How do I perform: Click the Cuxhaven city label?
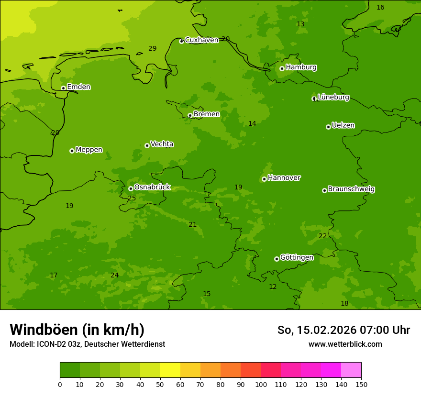(x=201, y=40)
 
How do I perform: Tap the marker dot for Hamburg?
(x=282, y=68)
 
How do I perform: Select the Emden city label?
(x=78, y=87)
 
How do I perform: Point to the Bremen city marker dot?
(x=190, y=115)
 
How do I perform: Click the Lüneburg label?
(x=333, y=97)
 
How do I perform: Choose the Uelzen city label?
(x=343, y=125)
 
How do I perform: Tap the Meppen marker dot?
(x=72, y=151)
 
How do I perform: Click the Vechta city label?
(x=162, y=144)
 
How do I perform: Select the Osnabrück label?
(x=152, y=187)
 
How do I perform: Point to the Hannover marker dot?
(x=264, y=179)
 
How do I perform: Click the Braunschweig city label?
(x=351, y=189)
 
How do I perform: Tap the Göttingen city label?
(x=297, y=257)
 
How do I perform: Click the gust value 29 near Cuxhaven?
(x=152, y=48)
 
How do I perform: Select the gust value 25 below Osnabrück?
(x=132, y=198)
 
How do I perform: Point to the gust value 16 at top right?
(x=380, y=7)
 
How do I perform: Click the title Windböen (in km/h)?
(x=77, y=330)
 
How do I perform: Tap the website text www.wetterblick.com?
(x=345, y=344)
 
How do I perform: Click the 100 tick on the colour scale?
(x=261, y=384)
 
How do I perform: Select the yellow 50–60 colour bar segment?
(x=170, y=370)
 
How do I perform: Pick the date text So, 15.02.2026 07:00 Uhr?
(x=343, y=330)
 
